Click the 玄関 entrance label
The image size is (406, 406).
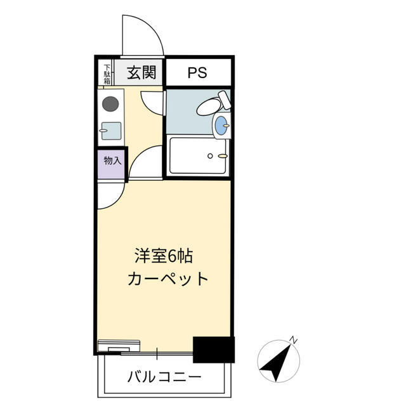click(x=141, y=73)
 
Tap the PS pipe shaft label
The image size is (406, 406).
click(x=197, y=73)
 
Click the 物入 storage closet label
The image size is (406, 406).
click(x=112, y=160)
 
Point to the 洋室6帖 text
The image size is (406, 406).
click(x=163, y=256)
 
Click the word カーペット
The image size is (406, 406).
click(x=168, y=278)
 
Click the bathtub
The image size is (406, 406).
click(x=197, y=155)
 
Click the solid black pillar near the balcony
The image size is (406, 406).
click(x=214, y=350)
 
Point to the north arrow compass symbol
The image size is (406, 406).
click(x=277, y=361)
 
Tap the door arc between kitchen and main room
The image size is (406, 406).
click(x=145, y=162)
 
